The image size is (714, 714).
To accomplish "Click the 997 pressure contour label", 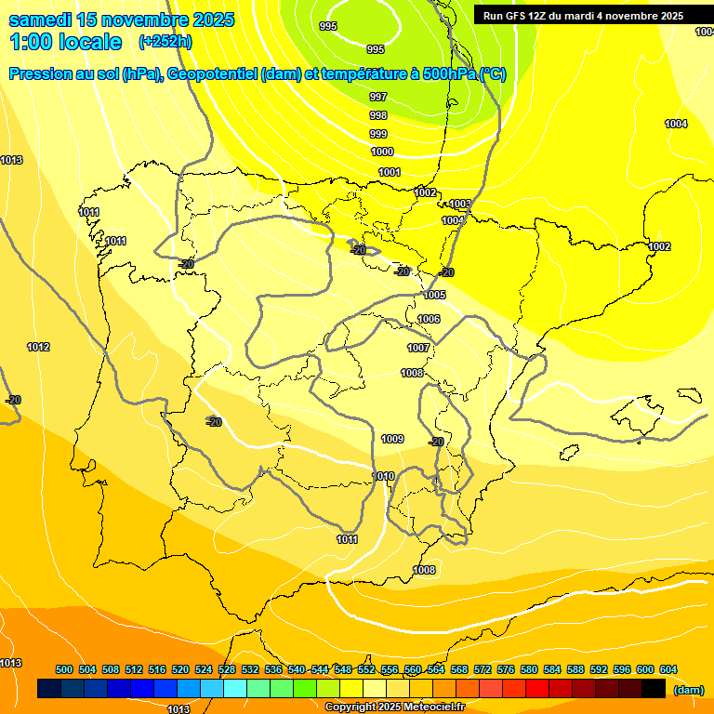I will (x=378, y=97).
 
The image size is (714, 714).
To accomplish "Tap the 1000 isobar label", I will (x=382, y=152).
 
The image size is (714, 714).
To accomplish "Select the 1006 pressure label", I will (x=429, y=319).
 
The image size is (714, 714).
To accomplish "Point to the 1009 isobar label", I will (x=392, y=439).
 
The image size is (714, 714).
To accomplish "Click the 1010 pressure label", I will (x=383, y=476).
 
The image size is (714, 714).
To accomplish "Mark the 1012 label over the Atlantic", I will (x=38, y=347).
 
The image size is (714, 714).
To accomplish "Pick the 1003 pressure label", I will (x=460, y=204).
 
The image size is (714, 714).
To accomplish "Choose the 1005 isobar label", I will (x=434, y=295).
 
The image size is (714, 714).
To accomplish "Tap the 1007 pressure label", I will (x=418, y=348).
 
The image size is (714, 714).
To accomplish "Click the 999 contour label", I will (x=378, y=134).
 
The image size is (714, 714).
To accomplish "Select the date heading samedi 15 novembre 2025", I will (x=122, y=20).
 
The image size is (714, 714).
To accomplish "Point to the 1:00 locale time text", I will (x=66, y=42).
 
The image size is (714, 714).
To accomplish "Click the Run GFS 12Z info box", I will (x=583, y=16).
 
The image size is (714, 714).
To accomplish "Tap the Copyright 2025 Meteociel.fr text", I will (x=394, y=707).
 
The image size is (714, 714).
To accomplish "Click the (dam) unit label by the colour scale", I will (x=688, y=690).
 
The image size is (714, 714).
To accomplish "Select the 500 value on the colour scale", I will (x=64, y=669).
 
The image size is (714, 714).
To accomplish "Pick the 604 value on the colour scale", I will (x=668, y=669).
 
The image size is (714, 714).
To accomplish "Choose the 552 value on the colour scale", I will (x=366, y=669).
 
